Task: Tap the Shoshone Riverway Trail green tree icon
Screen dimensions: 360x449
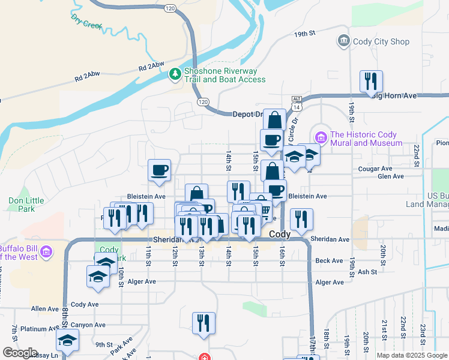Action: click(175, 74)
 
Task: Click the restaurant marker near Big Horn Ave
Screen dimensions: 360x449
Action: click(371, 81)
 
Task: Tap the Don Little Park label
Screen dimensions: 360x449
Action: click(22, 205)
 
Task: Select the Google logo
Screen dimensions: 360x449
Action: click(20, 353)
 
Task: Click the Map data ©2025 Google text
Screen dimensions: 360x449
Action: click(412, 355)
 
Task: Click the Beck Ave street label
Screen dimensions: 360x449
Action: click(329, 260)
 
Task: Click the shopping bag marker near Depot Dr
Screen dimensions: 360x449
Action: click(274, 120)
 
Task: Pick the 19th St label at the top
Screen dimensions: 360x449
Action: click(305, 35)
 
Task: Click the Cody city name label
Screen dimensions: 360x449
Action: click(280, 234)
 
